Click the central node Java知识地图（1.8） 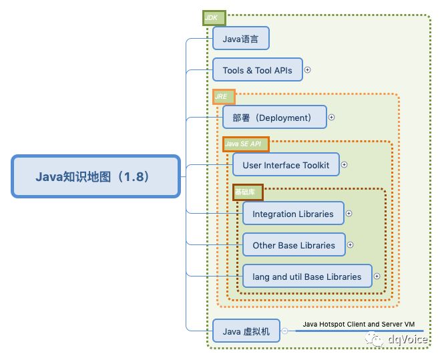[95, 177]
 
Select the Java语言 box [240, 39]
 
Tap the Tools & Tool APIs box [257, 70]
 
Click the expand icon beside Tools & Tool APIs [308, 69]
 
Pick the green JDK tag [215, 17]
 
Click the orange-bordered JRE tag [224, 97]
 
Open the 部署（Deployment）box [274, 118]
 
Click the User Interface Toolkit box [286, 165]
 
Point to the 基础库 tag [248, 192]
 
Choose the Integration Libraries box [293, 214]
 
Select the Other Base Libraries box [294, 245]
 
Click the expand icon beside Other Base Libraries [351, 245]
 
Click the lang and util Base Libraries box [307, 276]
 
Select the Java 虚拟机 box [246, 331]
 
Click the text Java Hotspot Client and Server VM [359, 324]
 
